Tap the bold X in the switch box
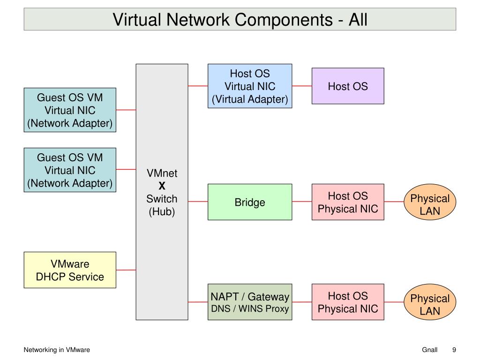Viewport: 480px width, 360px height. click(162, 186)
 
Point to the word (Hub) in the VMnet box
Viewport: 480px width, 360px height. click(162, 211)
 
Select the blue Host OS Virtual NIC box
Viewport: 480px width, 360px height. click(250, 86)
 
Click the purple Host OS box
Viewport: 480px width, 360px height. click(348, 86)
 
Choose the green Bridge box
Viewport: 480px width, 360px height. click(250, 202)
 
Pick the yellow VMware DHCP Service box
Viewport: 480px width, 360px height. click(70, 270)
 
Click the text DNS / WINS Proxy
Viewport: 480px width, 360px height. click(250, 308)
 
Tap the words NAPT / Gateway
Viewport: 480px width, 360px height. click(250, 297)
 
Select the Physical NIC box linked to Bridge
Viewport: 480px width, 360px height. click(348, 202)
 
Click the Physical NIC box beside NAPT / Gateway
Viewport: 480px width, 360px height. click(348, 302)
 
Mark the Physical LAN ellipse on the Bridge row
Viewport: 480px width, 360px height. click(430, 204)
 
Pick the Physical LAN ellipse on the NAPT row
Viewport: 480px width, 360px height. click(430, 304)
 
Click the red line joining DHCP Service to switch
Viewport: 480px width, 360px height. click(126, 270)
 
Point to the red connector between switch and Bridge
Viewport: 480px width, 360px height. click(198, 202)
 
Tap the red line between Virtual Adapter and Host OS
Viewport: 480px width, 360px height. click(302, 86)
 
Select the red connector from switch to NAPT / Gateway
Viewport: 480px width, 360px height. click(198, 302)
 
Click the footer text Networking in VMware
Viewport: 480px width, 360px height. click(57, 350)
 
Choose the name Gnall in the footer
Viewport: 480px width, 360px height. click(429, 350)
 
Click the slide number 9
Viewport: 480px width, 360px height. click(454, 350)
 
